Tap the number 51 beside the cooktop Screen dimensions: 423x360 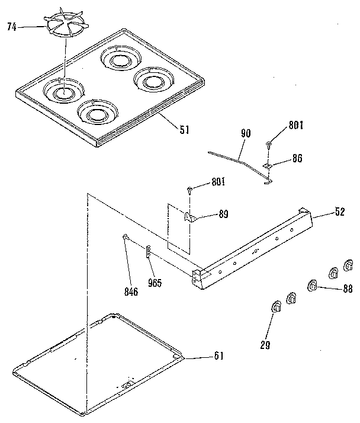tap(184, 129)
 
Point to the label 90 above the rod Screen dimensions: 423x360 tap(246, 133)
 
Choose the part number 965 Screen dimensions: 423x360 tap(156, 283)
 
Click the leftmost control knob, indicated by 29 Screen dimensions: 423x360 tap(275, 306)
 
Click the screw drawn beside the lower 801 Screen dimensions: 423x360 tap(189, 189)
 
